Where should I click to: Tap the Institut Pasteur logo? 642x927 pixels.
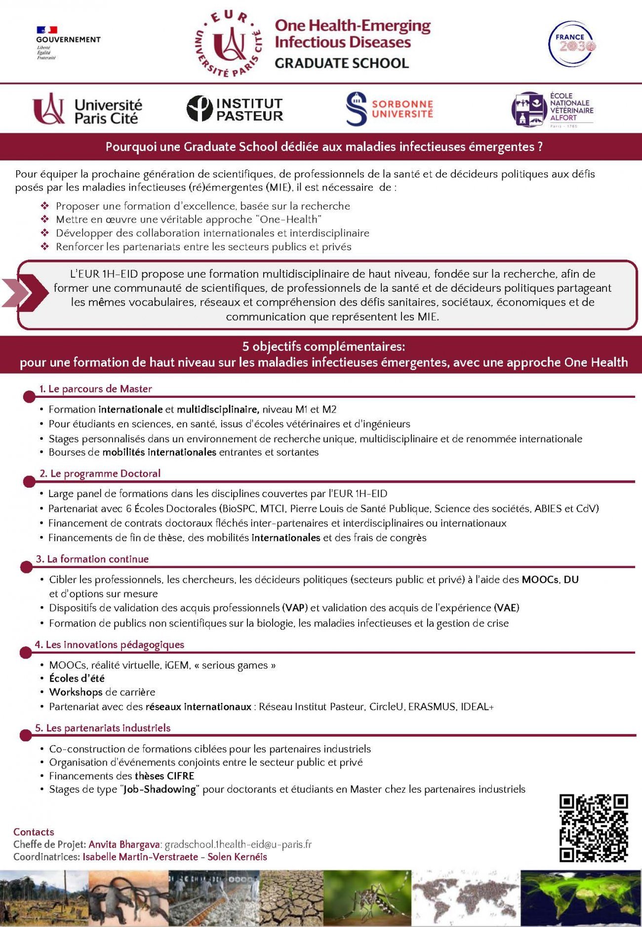pyautogui.click(x=235, y=109)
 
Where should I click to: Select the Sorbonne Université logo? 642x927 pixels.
pyautogui.click(x=389, y=109)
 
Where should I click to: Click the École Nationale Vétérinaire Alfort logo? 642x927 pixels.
pyautogui.click(x=552, y=109)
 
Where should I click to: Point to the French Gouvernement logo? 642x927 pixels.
pyautogui.click(x=68, y=43)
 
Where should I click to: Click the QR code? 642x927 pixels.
pyautogui.click(x=593, y=828)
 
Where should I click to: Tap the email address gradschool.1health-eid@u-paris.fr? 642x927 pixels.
pyautogui.click(x=238, y=845)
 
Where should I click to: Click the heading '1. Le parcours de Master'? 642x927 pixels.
pyautogui.click(x=95, y=389)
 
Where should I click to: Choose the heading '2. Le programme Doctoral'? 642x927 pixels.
pyautogui.click(x=100, y=473)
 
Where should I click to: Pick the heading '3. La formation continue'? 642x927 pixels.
pyautogui.click(x=92, y=559)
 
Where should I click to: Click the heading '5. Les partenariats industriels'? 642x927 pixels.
pyautogui.click(x=103, y=728)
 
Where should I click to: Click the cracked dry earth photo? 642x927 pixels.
pyautogui.click(x=291, y=898)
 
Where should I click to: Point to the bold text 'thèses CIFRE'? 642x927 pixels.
pyautogui.click(x=164, y=776)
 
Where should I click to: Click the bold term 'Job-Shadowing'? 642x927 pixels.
pyautogui.click(x=160, y=789)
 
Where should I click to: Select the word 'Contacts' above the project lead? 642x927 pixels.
pyautogui.click(x=34, y=832)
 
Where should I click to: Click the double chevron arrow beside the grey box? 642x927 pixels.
pyautogui.click(x=25, y=293)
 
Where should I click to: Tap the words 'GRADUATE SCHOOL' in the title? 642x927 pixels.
pyautogui.click(x=342, y=63)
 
